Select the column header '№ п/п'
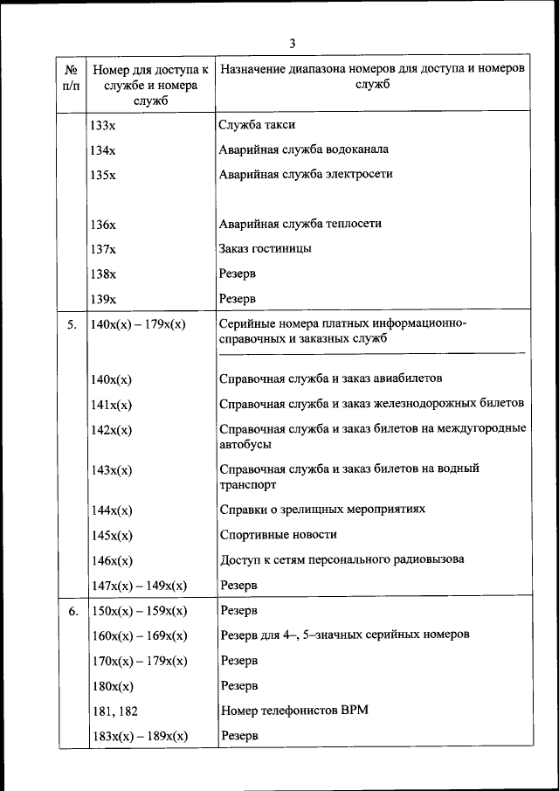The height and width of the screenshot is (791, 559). [x=72, y=77]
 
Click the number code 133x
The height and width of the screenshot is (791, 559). [x=103, y=125]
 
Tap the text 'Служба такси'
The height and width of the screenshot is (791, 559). [x=257, y=124]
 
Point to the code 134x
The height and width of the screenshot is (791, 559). [x=103, y=149]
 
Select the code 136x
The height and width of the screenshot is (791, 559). [x=103, y=225]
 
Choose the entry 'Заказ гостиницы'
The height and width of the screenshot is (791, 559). [x=266, y=248]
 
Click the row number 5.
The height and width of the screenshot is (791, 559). [x=72, y=324]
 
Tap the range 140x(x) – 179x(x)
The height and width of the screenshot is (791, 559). [x=138, y=324]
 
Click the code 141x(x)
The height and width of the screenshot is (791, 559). [x=111, y=405]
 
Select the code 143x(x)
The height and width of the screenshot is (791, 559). [x=111, y=470]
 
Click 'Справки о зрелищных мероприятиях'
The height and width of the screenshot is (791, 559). [x=322, y=509]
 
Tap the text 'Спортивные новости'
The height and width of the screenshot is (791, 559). [x=278, y=534]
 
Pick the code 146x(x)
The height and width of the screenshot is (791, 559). [x=111, y=560]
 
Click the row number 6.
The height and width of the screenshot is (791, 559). [x=72, y=610]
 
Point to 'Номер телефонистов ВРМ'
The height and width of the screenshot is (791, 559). [x=294, y=710]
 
